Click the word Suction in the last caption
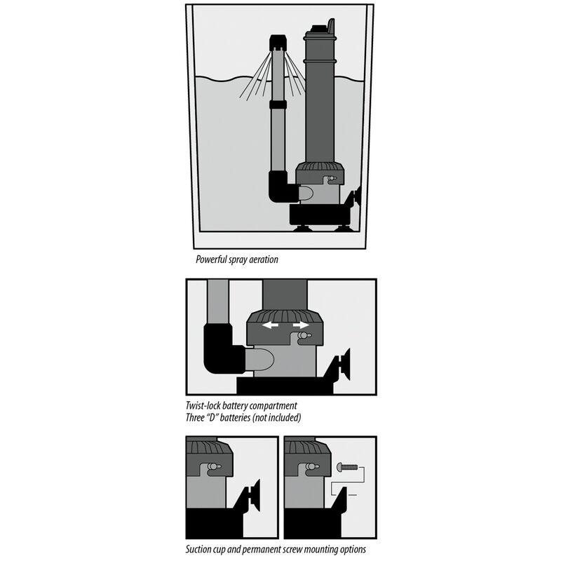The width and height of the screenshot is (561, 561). (x=201, y=549)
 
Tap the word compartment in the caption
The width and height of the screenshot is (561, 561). (x=276, y=405)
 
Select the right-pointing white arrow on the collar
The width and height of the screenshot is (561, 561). (x=302, y=325)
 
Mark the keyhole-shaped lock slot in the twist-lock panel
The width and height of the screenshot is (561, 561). (x=304, y=338)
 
